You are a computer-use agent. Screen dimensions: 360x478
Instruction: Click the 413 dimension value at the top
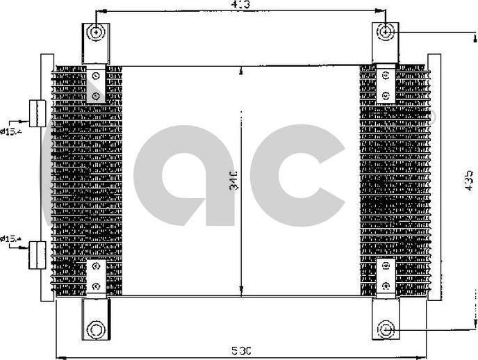[240, 5]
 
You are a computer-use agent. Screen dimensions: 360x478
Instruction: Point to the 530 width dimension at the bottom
[240, 349]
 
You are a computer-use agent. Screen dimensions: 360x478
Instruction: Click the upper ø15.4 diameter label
[12, 129]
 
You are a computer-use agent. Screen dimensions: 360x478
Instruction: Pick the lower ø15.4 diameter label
[12, 239]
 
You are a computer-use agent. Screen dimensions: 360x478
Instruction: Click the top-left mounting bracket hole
[97, 32]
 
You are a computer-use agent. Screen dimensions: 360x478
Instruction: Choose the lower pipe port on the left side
[36, 254]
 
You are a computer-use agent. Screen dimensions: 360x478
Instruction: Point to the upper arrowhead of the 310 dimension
[240, 70]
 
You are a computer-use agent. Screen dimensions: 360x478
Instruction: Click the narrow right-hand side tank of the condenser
[434, 177]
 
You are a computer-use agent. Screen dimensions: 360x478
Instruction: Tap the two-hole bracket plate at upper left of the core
[97, 85]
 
